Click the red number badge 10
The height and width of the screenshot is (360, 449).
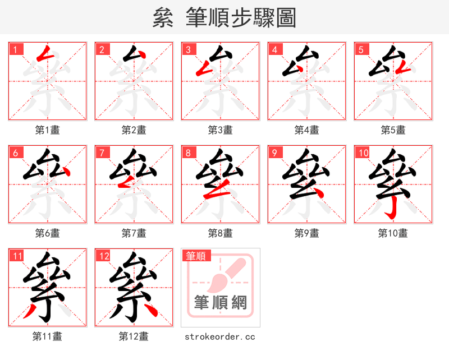[x=363, y=153]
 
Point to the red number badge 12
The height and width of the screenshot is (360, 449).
[x=103, y=256]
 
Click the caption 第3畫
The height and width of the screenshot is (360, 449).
[x=220, y=130]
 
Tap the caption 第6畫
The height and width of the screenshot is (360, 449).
[x=47, y=233]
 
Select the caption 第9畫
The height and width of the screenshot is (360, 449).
[x=306, y=233]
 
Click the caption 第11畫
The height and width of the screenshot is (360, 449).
[x=47, y=336]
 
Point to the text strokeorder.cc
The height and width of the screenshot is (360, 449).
[x=220, y=336]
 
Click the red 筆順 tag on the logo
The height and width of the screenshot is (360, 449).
[x=196, y=256]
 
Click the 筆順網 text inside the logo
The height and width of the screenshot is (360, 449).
[x=220, y=302]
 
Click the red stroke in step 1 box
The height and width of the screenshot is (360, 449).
[x=45, y=54]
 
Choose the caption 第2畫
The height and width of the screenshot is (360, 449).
[x=134, y=130]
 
